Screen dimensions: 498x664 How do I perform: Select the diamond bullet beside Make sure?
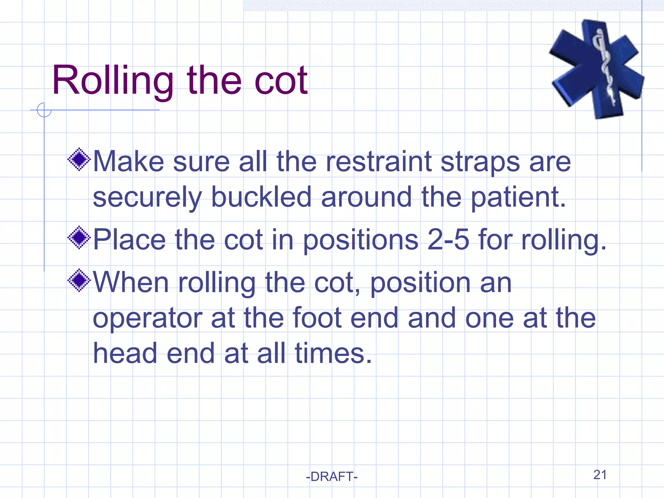(79, 159)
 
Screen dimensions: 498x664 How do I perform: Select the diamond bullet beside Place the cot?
(79, 238)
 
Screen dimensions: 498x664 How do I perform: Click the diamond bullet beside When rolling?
(79, 280)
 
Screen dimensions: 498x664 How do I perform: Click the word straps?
(480, 162)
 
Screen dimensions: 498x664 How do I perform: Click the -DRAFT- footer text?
(332, 477)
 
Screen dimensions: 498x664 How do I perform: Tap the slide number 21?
(600, 475)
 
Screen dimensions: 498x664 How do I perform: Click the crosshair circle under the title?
(44, 110)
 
